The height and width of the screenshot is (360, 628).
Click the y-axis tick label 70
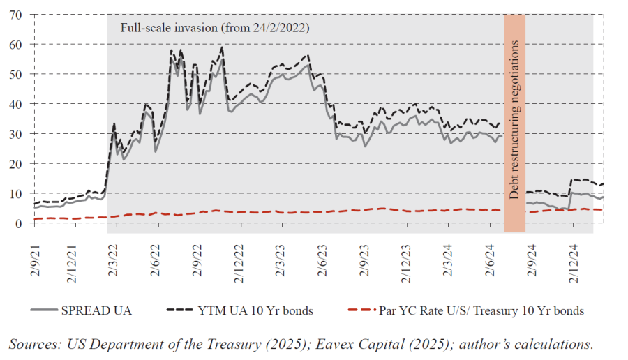click(16, 15)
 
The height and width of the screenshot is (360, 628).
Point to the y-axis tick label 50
click(16, 74)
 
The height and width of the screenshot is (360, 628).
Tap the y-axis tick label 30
click(16, 134)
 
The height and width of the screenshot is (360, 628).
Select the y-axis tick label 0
click(20, 223)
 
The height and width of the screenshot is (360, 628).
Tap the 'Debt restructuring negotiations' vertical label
click(514, 120)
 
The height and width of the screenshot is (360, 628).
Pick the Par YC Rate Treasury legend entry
click(481, 310)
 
